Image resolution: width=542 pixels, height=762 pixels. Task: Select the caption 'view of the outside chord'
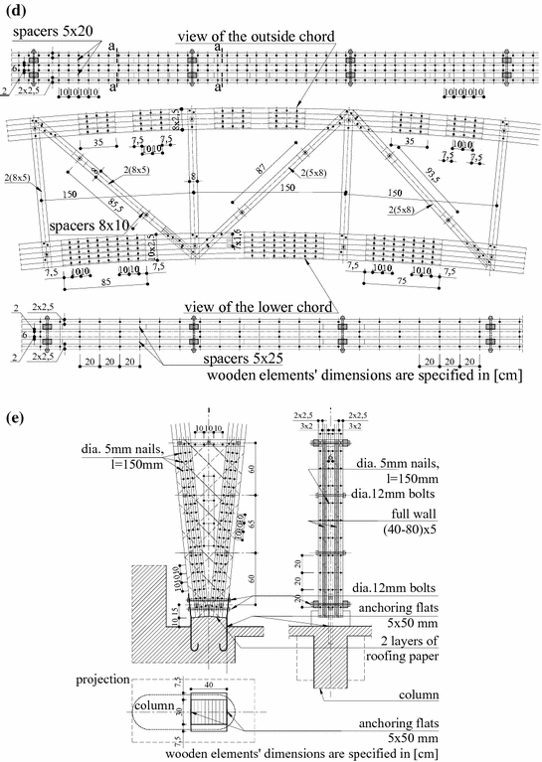(x=254, y=36)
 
